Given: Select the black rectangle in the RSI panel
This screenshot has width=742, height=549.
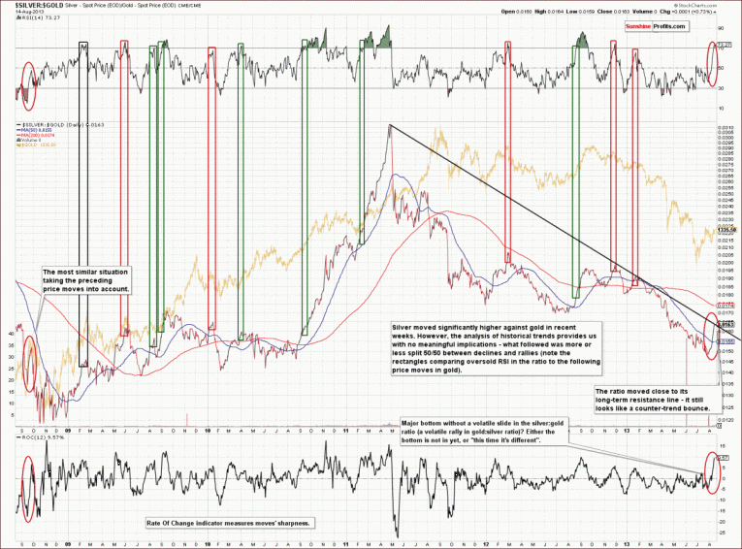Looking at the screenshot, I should coord(84,67).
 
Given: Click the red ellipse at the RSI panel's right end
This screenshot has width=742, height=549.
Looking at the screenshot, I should coord(714,61).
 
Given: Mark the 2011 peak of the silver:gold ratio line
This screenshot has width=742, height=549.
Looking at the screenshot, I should coord(390,126).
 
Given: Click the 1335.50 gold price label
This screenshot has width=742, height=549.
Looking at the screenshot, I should coord(726,230).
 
